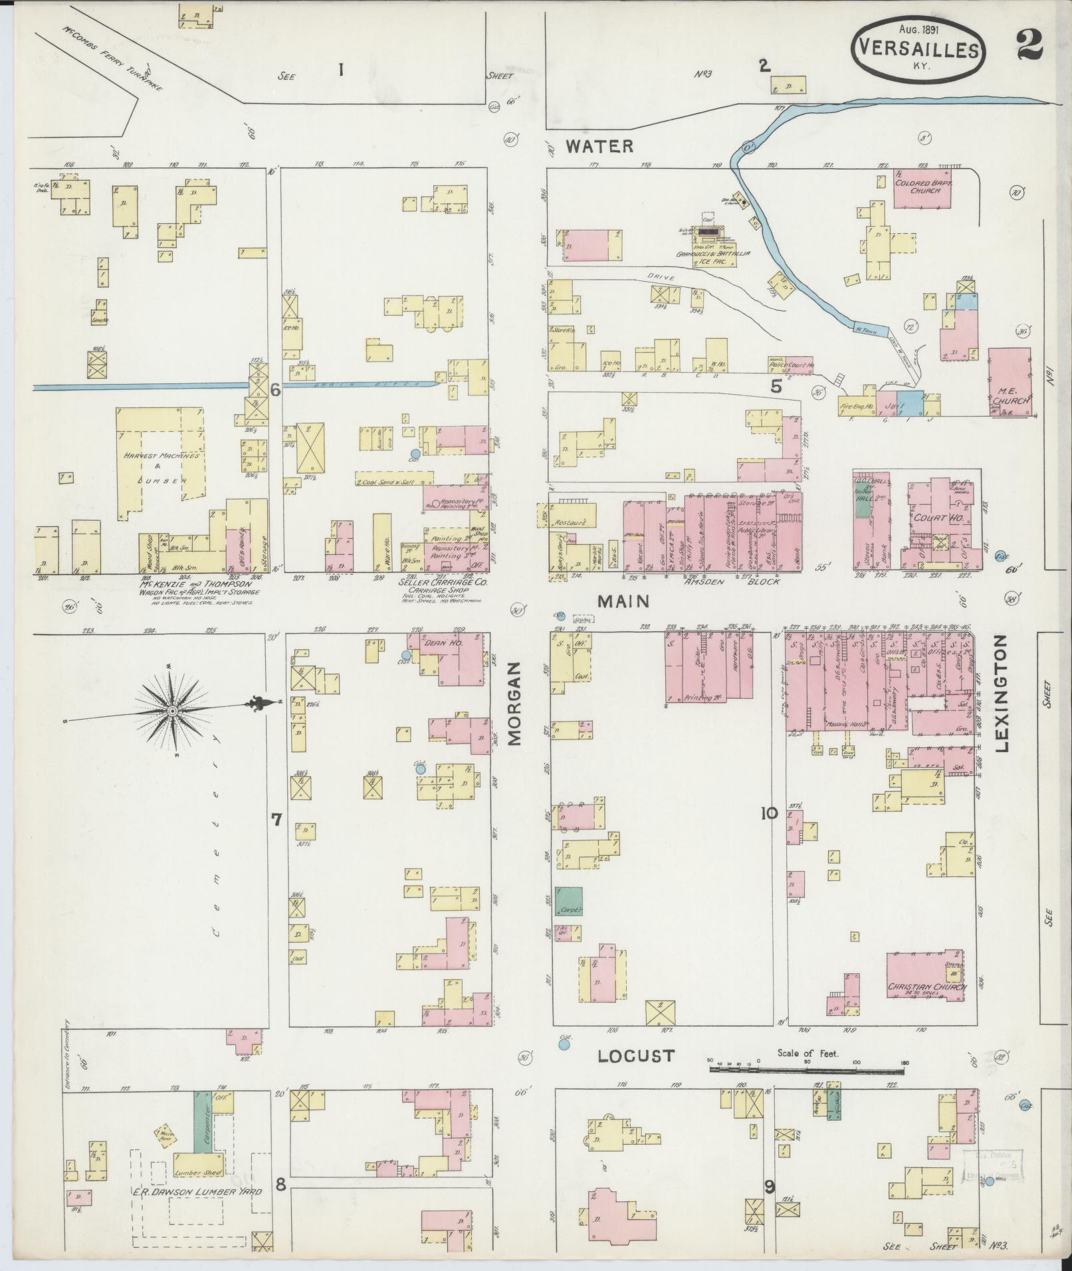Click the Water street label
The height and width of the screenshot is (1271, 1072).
coord(599,146)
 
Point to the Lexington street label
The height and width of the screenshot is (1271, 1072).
coord(1002,693)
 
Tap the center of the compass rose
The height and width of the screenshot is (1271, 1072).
coord(172,712)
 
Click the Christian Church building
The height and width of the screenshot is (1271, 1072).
coord(926,987)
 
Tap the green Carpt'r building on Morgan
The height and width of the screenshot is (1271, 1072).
coord(569,902)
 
